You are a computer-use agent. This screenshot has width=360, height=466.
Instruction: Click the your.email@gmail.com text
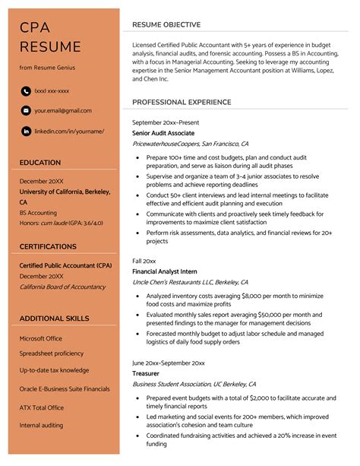tap(63, 111)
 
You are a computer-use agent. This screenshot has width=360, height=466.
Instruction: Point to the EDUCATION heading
tap(40, 163)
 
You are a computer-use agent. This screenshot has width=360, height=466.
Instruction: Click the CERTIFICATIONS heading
tap(48, 247)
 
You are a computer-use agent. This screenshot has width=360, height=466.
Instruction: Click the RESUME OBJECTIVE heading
tap(166, 25)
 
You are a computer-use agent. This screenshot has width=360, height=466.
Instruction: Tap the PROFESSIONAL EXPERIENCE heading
tap(182, 102)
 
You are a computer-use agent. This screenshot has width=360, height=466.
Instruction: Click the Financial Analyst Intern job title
tap(165, 271)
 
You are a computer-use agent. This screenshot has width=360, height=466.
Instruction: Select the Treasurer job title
tap(146, 374)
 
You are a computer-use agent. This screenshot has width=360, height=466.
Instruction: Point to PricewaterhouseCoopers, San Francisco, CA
tap(190, 143)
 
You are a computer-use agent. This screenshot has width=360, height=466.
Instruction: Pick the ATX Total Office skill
tap(42, 407)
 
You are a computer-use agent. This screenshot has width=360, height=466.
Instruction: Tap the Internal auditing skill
tap(41, 425)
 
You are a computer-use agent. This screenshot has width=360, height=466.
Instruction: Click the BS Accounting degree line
tap(38, 213)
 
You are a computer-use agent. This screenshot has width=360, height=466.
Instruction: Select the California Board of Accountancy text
tap(62, 287)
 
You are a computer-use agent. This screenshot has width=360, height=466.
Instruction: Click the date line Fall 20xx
tap(144, 261)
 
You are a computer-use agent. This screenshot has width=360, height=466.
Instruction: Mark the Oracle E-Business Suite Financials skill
tap(65, 388)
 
